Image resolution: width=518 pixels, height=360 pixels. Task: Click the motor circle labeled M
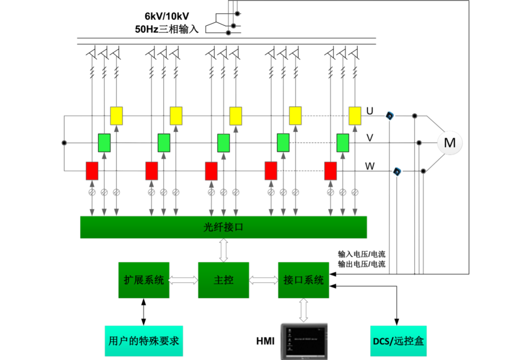(x=450, y=143)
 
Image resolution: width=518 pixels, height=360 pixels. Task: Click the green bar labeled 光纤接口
(x=224, y=227)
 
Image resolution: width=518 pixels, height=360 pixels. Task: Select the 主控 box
(x=224, y=280)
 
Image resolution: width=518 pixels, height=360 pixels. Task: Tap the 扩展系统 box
(x=144, y=280)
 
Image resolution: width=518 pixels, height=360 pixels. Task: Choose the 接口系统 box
(x=303, y=280)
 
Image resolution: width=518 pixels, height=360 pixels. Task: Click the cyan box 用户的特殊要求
(x=144, y=341)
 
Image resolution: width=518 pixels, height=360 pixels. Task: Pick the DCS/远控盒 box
(x=399, y=341)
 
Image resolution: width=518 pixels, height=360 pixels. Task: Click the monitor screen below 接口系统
(x=304, y=341)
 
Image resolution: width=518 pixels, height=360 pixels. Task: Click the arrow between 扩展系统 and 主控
(x=184, y=280)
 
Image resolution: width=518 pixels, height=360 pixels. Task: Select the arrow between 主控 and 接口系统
(x=263, y=280)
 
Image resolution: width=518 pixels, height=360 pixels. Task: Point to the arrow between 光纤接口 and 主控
(x=224, y=250)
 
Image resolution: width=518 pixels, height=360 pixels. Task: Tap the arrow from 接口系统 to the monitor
(x=304, y=310)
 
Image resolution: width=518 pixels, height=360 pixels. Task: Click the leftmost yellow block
(x=117, y=116)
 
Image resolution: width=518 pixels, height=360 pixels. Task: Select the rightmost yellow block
(x=355, y=116)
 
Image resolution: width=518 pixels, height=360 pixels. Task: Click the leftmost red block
(x=92, y=170)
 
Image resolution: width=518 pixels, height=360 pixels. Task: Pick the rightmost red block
(x=330, y=170)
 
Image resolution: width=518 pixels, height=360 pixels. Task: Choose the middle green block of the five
(x=224, y=143)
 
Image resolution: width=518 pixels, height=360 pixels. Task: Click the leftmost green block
(x=105, y=143)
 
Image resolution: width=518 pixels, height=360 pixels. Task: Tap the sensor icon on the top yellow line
(x=390, y=116)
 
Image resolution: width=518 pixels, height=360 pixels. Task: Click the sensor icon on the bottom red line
(x=397, y=171)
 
